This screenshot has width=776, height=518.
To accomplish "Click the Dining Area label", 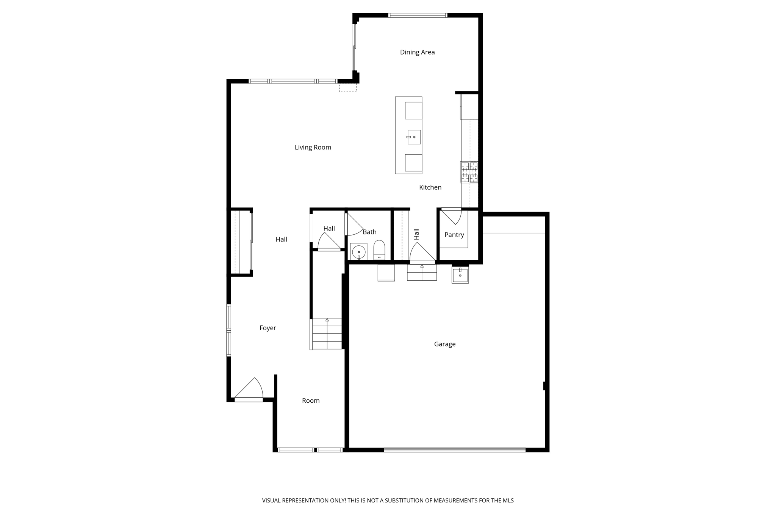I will tap(417, 52).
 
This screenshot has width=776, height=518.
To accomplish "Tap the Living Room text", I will tap(313, 148).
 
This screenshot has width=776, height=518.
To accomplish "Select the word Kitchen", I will tap(430, 187).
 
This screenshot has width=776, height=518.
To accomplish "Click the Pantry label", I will tap(454, 235).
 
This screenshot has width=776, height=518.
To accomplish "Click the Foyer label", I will tap(268, 328).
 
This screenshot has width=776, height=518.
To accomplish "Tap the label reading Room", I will tap(311, 401).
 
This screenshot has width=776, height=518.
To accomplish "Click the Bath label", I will tap(369, 232).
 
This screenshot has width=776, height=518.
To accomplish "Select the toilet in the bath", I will tap(379, 250).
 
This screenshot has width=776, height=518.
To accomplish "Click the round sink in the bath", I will tap(358, 252).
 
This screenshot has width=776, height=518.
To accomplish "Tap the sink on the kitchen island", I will tap(414, 137).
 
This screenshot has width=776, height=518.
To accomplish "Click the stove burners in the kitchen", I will tap(469, 172).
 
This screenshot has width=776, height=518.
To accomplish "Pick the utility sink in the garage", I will tap(460, 275).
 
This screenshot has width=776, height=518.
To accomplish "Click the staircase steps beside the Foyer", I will tap(327, 334).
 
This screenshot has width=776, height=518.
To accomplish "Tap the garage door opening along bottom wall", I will tap(455, 450).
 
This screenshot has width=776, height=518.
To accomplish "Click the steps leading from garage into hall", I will tap(422, 272).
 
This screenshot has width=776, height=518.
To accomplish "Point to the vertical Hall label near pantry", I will tap(416, 234).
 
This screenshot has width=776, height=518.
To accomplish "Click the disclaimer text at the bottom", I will tap(388, 501).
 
